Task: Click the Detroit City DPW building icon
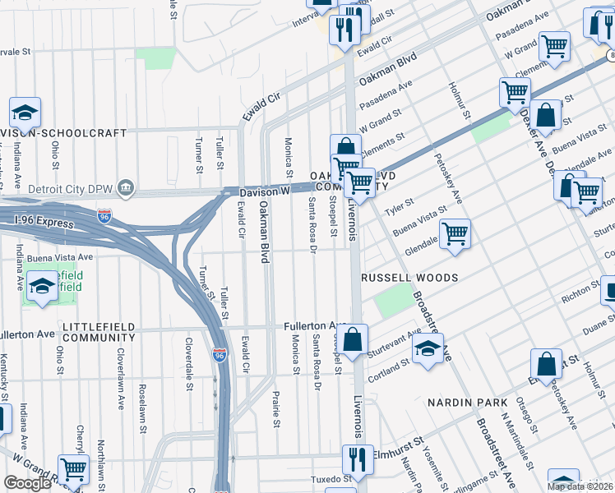click(x=126, y=189)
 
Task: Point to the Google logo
click(x=27, y=483)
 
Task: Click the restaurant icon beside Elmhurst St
click(x=356, y=457)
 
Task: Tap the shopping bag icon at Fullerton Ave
click(x=354, y=339)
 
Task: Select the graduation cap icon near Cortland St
click(x=428, y=348)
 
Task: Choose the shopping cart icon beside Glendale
click(x=454, y=233)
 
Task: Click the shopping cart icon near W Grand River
click(x=74, y=469)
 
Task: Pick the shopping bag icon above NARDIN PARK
click(x=546, y=363)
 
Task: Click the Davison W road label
click(x=265, y=191)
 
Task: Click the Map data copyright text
click(x=580, y=486)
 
